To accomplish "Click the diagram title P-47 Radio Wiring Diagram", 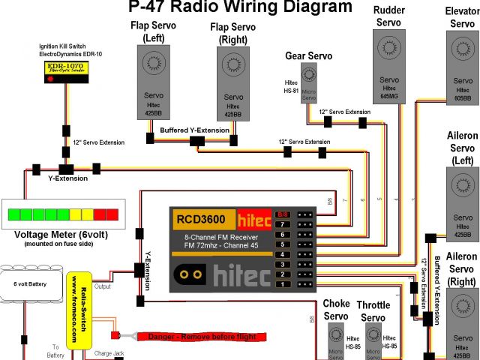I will (x=240, y=8).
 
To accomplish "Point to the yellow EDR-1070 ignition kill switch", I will (x=65, y=71).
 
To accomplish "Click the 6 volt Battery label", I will (x=30, y=283).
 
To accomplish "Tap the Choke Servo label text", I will (x=336, y=310).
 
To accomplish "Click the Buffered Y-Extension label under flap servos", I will (x=194, y=130).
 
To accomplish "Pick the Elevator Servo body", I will (x=459, y=67).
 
